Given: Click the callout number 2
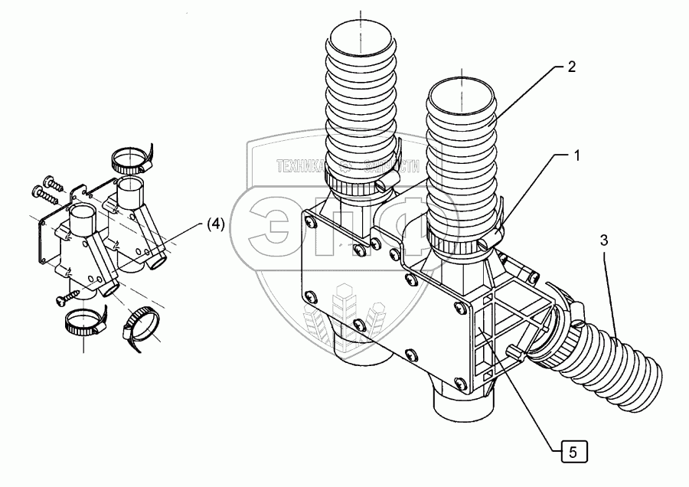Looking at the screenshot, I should pyautogui.click(x=571, y=67).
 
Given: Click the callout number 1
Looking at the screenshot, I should pyautogui.click(x=577, y=155).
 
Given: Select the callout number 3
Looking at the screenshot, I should pyautogui.click(x=604, y=240).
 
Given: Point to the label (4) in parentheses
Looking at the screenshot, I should pyautogui.click(x=215, y=224).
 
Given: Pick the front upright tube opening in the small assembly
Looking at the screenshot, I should pyautogui.click(x=83, y=213).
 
